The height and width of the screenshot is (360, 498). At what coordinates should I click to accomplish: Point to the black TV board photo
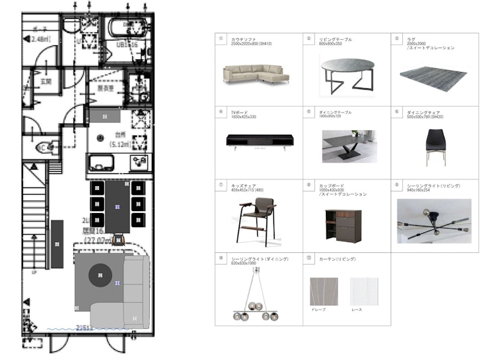point(259,142)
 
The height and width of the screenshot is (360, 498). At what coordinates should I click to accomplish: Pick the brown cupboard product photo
point(343,224)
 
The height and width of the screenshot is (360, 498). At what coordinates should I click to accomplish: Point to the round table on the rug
point(101,273)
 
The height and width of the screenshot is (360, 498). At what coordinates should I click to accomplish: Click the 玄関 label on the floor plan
point(45,82)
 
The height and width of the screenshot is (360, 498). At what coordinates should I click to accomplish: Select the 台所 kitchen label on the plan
point(120,134)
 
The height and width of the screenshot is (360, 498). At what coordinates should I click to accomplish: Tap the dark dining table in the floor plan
point(118,203)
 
